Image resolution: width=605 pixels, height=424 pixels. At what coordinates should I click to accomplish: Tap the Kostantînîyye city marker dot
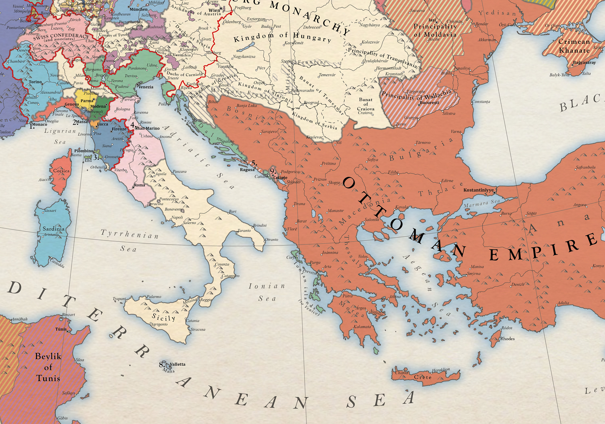pos(494,193)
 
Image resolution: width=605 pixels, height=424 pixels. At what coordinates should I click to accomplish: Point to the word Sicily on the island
pos(163,317)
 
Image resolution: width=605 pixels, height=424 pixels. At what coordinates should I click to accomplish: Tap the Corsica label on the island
pos(61,171)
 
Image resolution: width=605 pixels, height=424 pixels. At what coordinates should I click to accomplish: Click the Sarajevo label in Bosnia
pos(269,131)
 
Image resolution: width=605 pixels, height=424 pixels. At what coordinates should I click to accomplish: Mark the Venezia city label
pos(146,87)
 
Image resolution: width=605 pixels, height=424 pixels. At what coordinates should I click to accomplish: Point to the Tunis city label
pos(61,329)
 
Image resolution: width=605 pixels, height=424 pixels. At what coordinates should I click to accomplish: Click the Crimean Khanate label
pos(574,46)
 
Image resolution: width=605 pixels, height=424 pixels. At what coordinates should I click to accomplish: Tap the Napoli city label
pos(177,217)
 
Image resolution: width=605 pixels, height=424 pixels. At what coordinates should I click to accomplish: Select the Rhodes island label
pos(507,339)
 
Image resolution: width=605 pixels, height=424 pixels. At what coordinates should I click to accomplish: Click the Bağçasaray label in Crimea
pos(584,63)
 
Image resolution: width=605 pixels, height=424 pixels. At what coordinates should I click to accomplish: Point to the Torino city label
pos(35,82)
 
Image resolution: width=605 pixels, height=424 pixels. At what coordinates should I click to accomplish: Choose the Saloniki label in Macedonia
pos(372,219)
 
